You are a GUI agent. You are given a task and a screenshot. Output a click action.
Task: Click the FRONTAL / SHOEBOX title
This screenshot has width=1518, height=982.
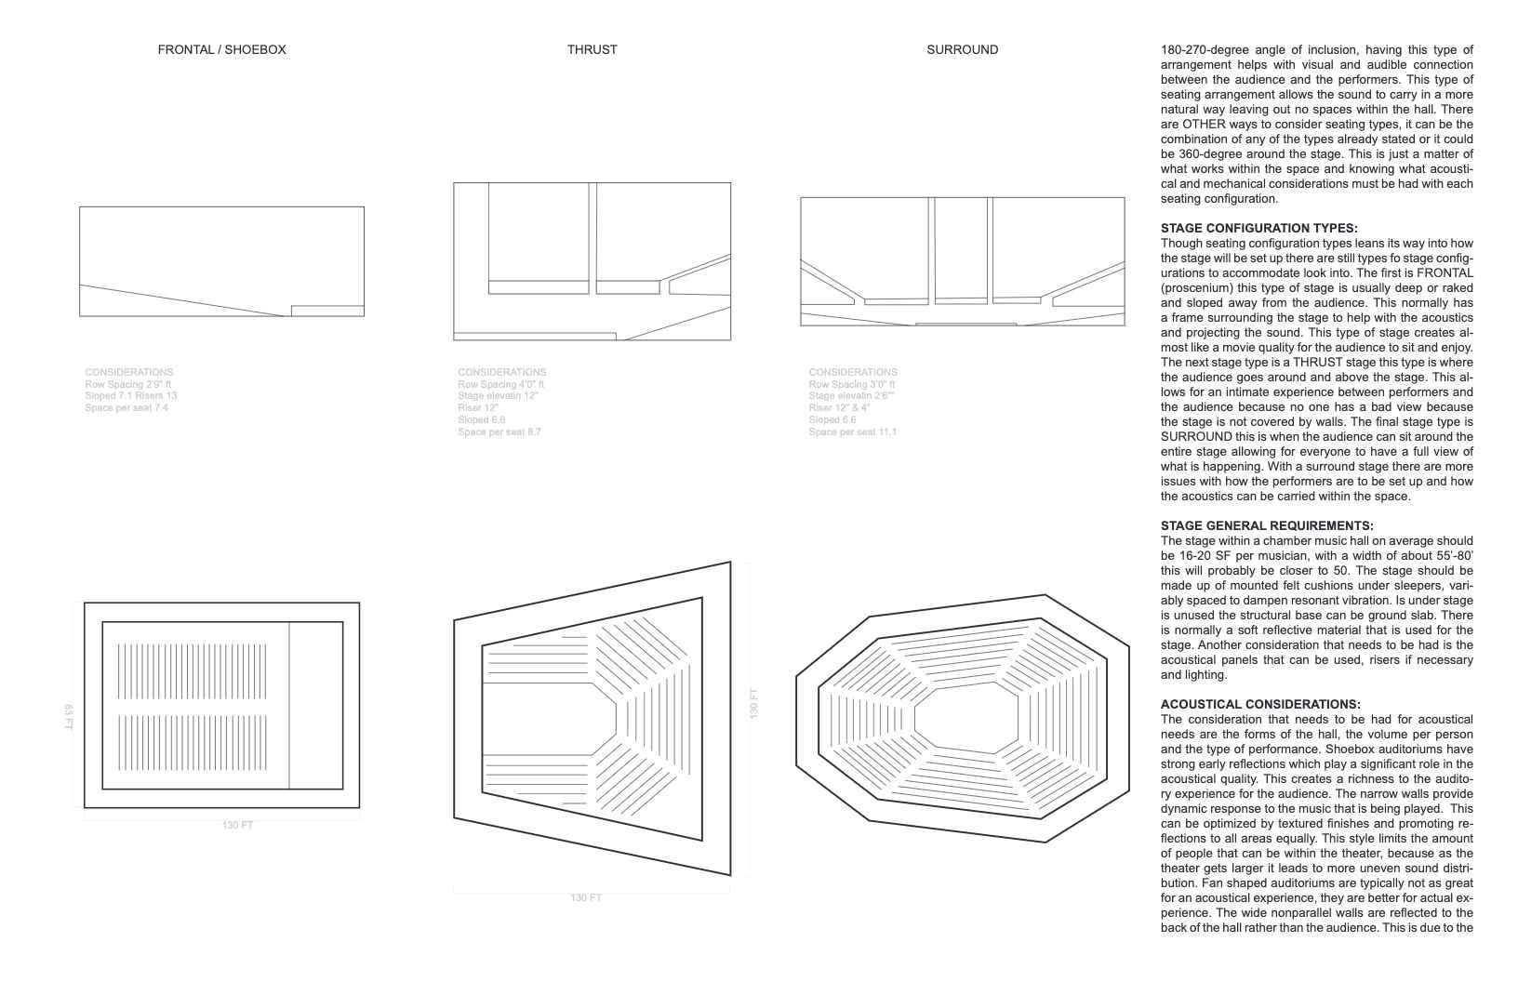click(221, 49)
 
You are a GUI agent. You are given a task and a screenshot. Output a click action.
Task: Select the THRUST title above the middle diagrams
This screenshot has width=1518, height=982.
click(592, 49)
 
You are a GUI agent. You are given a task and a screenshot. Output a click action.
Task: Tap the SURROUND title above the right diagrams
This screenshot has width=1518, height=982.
click(962, 49)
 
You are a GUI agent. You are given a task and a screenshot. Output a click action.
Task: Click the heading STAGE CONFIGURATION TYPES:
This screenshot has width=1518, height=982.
click(1258, 228)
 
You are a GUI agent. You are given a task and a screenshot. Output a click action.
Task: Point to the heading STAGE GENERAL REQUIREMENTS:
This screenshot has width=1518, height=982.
click(1266, 525)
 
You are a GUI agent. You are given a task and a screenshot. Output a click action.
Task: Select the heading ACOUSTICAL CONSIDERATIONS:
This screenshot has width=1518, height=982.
click(1259, 704)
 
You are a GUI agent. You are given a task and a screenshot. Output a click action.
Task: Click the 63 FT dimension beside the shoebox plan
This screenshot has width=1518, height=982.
click(69, 716)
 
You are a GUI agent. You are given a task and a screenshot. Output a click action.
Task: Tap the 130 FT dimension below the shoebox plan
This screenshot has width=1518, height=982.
click(237, 825)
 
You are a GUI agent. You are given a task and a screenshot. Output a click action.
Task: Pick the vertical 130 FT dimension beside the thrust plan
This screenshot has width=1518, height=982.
click(753, 703)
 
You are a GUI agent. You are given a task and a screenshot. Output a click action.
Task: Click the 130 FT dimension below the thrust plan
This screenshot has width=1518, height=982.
click(586, 897)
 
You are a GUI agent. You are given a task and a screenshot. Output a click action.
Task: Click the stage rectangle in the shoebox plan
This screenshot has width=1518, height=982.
click(315, 705)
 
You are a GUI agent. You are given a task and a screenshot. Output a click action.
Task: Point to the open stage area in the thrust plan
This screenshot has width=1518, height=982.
click(549, 718)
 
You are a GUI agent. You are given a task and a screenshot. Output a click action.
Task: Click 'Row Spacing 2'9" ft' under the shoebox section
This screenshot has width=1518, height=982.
click(127, 384)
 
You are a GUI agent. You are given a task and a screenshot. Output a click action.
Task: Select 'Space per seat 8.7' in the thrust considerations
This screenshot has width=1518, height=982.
click(499, 432)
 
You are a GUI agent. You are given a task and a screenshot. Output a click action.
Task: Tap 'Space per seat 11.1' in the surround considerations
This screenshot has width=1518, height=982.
click(852, 432)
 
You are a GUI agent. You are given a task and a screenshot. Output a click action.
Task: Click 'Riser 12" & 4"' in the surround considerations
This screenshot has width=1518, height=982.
click(839, 408)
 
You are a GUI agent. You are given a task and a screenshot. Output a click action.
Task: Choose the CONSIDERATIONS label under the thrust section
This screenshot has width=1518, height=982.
click(501, 372)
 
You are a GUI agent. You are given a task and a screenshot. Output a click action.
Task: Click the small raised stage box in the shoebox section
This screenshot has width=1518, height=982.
click(327, 311)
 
